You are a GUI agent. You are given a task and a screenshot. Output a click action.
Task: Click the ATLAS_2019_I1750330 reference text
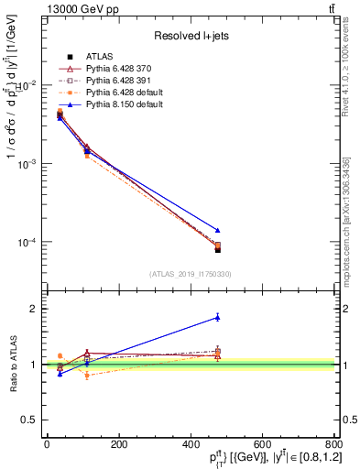coord(190,274)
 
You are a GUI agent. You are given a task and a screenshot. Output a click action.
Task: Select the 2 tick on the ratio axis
coord(33,309)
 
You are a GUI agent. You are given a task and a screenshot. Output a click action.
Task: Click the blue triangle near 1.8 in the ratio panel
coord(217,317)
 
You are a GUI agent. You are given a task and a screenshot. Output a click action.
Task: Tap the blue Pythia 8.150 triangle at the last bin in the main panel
coord(217,230)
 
